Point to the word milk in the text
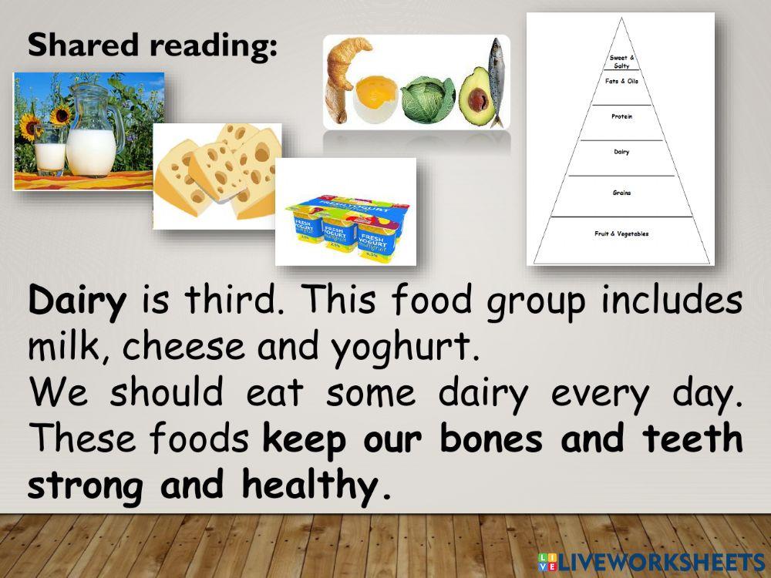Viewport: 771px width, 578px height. tap(63, 348)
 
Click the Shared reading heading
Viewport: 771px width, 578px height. tap(152, 46)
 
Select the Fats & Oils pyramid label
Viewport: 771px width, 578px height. tap(621, 81)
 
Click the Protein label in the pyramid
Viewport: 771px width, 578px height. tap(621, 116)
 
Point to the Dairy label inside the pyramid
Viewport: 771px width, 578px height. tap(621, 152)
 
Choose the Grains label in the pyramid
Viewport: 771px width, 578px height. tap(621, 193)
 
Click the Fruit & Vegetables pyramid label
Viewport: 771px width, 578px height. tap(621, 234)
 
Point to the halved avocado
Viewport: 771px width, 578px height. tap(474, 96)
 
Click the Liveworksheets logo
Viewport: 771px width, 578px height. tap(651, 561)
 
